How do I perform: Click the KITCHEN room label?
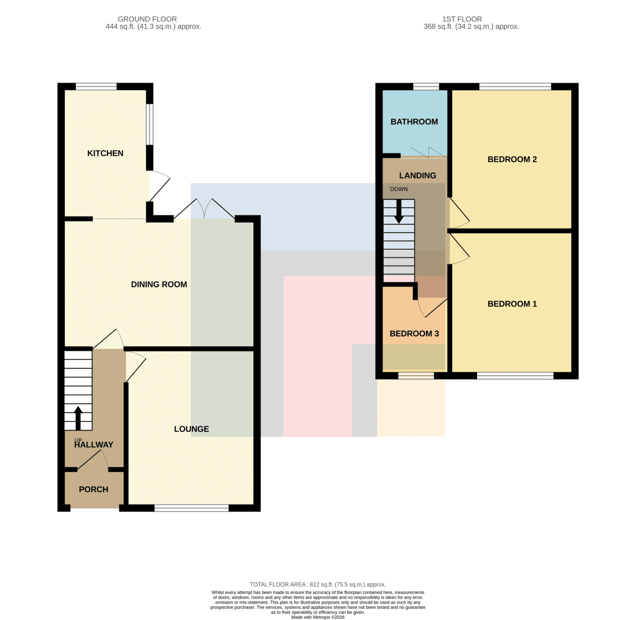[105, 153]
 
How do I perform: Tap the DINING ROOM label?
[159, 285]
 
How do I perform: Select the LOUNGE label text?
[191, 429]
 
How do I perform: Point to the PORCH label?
[93, 489]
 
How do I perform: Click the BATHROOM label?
[414, 121]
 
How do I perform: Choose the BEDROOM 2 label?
[512, 159]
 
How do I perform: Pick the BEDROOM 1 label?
[512, 304]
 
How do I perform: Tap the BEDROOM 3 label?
[414, 333]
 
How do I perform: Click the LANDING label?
[417, 175]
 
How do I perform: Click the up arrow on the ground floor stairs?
[78, 418]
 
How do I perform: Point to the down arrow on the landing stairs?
[399, 211]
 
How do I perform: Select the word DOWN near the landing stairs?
[399, 189]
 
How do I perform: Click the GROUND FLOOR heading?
[147, 19]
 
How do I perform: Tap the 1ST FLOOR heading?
[462, 19]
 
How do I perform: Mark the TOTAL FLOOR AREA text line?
[317, 584]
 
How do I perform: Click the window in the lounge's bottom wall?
[191, 508]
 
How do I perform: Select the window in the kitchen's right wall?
[149, 124]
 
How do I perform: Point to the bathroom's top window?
[426, 86]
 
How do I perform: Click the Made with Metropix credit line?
[317, 617]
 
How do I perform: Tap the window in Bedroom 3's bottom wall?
[416, 376]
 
